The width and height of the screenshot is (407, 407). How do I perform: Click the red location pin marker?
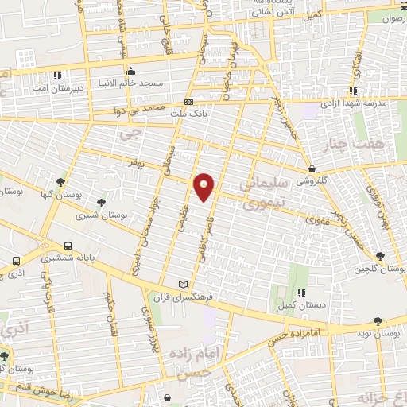[x=205, y=186]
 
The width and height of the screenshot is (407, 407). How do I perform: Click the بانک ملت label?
[x=188, y=114]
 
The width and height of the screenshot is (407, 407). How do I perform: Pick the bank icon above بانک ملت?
[x=188, y=102]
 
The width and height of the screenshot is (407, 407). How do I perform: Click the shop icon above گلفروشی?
[x=313, y=169]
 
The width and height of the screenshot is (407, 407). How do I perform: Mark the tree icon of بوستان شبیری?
[x=99, y=202]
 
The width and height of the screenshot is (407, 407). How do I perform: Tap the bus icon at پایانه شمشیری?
[x=68, y=246]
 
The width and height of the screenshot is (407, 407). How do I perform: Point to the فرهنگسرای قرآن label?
[x=184, y=297]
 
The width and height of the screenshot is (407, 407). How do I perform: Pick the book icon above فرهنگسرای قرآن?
[x=184, y=285]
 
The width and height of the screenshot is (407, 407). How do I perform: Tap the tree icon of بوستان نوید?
[x=378, y=320]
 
